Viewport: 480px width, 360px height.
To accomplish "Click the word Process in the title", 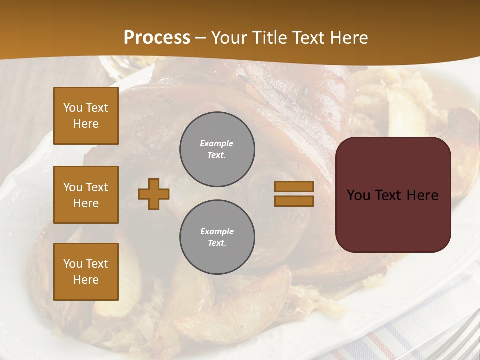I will click(157, 37).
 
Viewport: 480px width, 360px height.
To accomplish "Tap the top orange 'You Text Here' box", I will click(86, 116).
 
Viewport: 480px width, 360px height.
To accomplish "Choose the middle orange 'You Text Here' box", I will click(86, 195).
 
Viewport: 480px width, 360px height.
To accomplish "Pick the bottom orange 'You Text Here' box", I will click(86, 271).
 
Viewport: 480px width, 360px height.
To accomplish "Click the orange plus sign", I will click(154, 194).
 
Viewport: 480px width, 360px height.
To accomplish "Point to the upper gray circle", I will click(217, 149).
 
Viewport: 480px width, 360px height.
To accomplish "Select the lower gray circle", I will click(217, 237).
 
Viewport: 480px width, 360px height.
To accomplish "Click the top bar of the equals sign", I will click(294, 186).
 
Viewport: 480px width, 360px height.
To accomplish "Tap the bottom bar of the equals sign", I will click(294, 201).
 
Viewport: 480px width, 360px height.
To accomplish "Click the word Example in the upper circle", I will click(217, 143).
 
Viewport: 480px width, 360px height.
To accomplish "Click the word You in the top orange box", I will click(73, 108).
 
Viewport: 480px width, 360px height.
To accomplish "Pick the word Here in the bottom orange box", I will click(86, 280).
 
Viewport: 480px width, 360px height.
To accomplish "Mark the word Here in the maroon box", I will click(422, 195).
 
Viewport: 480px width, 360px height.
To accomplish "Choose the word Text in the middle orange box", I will click(97, 187).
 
